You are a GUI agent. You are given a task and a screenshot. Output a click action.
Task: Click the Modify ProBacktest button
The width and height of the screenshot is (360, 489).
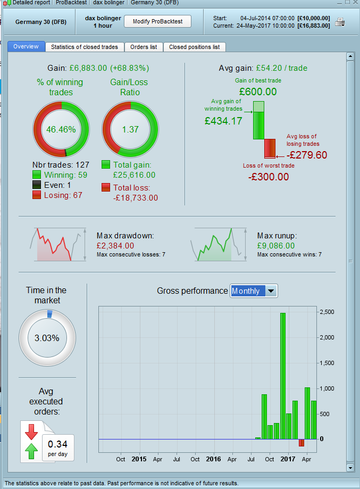point(157,21)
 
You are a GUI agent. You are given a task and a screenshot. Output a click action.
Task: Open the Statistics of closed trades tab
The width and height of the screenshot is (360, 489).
point(85,47)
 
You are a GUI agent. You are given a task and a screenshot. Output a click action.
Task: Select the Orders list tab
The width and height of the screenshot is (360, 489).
point(144,47)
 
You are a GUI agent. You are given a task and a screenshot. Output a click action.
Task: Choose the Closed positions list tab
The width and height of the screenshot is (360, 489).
point(194,47)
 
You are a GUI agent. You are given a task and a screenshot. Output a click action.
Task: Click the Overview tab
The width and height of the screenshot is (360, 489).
point(26,47)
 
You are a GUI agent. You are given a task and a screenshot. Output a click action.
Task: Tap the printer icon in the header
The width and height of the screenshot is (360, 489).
point(340,22)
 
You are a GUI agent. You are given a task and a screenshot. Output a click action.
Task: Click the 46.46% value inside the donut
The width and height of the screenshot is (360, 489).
point(61,129)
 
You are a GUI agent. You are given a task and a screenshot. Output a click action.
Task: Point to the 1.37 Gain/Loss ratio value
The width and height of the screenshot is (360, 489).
point(130,129)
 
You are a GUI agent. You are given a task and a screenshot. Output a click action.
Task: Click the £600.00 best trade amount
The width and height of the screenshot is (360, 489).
point(258,92)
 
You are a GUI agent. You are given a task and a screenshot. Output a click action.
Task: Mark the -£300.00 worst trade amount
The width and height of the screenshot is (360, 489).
point(269,177)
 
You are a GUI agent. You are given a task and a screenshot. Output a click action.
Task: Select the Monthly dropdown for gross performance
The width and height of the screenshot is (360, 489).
point(254,291)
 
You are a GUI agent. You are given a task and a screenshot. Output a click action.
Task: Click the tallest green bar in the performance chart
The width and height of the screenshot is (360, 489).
point(283,376)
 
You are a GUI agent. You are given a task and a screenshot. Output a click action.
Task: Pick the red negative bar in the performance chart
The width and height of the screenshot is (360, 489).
point(302,443)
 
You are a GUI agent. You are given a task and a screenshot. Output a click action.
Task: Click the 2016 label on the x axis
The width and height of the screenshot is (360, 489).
point(213,459)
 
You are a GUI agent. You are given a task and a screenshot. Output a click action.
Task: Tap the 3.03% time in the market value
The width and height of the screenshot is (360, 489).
point(47,338)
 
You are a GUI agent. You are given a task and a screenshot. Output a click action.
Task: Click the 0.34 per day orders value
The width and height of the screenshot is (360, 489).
point(57,444)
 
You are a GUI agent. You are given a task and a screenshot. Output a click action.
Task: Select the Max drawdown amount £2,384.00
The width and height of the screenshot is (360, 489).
point(115,246)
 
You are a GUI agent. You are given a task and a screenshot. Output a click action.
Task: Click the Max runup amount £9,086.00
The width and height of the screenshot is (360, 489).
point(276,246)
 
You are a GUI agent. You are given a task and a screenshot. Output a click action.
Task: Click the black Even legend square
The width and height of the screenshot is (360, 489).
point(37,185)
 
